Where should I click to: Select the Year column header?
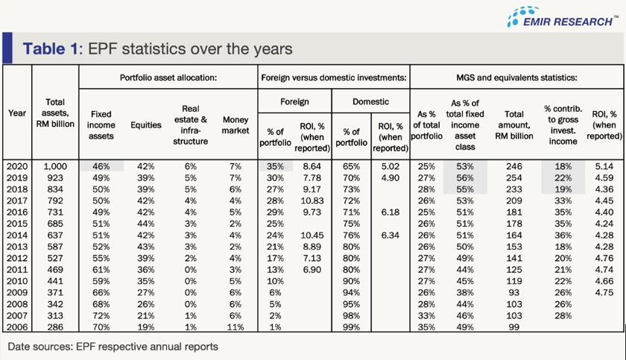point(17,113)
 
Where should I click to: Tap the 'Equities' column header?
point(145,125)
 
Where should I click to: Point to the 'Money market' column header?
point(235,125)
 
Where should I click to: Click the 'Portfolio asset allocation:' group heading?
point(168,77)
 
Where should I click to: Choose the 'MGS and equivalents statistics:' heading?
point(516,77)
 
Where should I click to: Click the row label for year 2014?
point(17,236)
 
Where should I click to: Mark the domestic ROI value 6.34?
point(389,236)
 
